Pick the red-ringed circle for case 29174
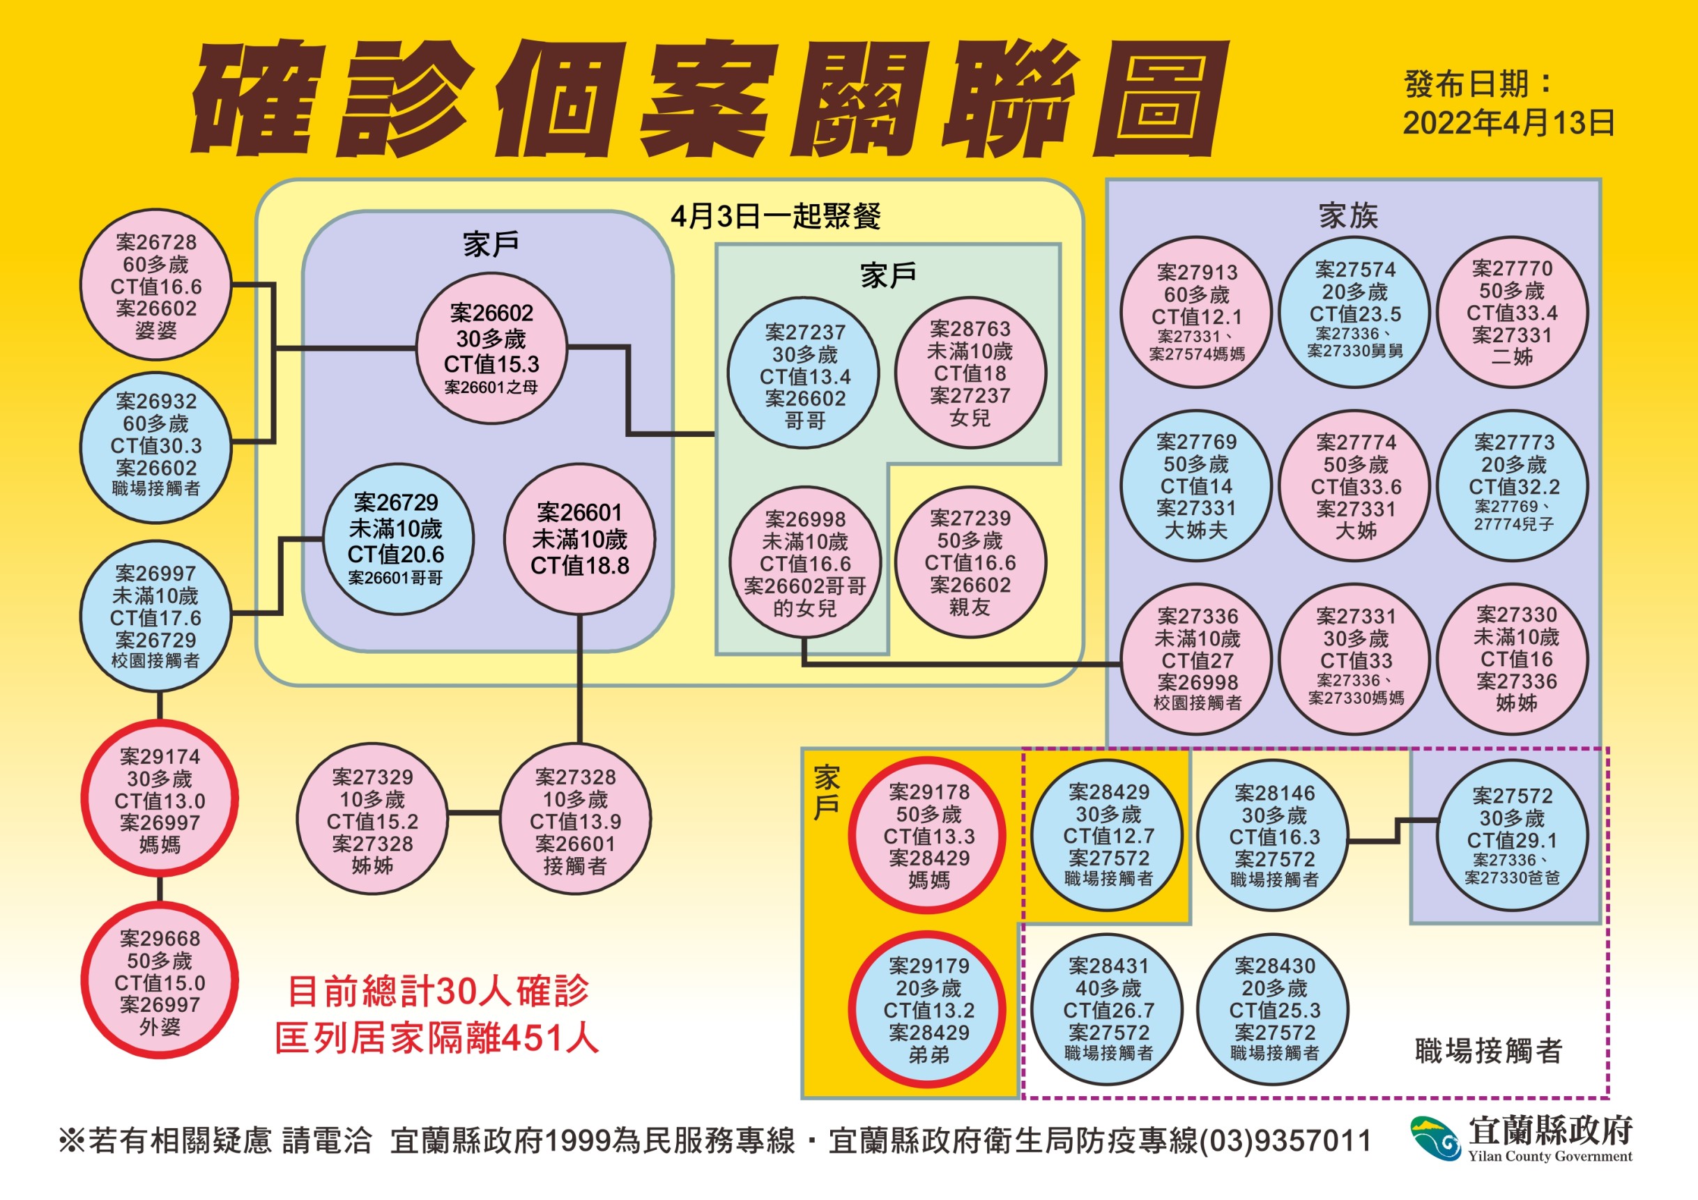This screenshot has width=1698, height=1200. pyautogui.click(x=160, y=799)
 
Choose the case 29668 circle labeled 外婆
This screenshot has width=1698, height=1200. pyautogui.click(x=160, y=981)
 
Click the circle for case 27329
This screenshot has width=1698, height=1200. pyautogui.click(x=372, y=820)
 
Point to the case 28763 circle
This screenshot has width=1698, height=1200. pyautogui.click(x=970, y=373)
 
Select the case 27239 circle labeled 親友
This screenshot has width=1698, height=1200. pyautogui.click(x=970, y=562)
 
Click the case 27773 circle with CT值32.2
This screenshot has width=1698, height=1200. pyautogui.click(x=1514, y=486)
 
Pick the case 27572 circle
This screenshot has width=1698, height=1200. pyautogui.click(x=1513, y=836)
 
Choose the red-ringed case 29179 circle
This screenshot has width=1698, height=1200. pyautogui.click(x=928, y=1010)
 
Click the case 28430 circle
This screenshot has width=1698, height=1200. pyautogui.click(x=1274, y=1010)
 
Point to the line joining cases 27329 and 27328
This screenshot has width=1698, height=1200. pyautogui.click(x=474, y=813)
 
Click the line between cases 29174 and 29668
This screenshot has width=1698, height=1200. pyautogui.click(x=160, y=890)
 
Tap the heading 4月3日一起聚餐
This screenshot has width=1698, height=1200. pyautogui.click(x=776, y=217)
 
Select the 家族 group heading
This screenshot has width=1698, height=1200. pyautogui.click(x=1348, y=216)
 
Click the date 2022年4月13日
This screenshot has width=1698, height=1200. pyautogui.click(x=1508, y=123)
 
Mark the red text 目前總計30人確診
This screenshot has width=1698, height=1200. pyautogui.click(x=438, y=991)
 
